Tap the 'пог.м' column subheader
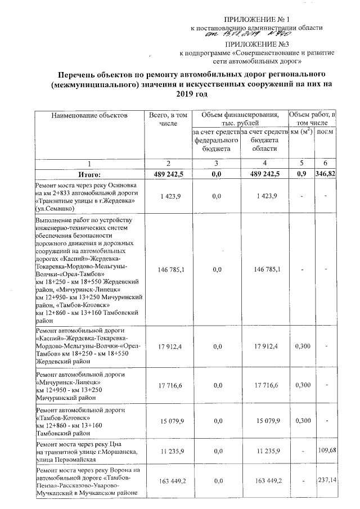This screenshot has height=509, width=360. [324, 132]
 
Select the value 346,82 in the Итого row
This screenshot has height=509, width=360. [325, 175]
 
